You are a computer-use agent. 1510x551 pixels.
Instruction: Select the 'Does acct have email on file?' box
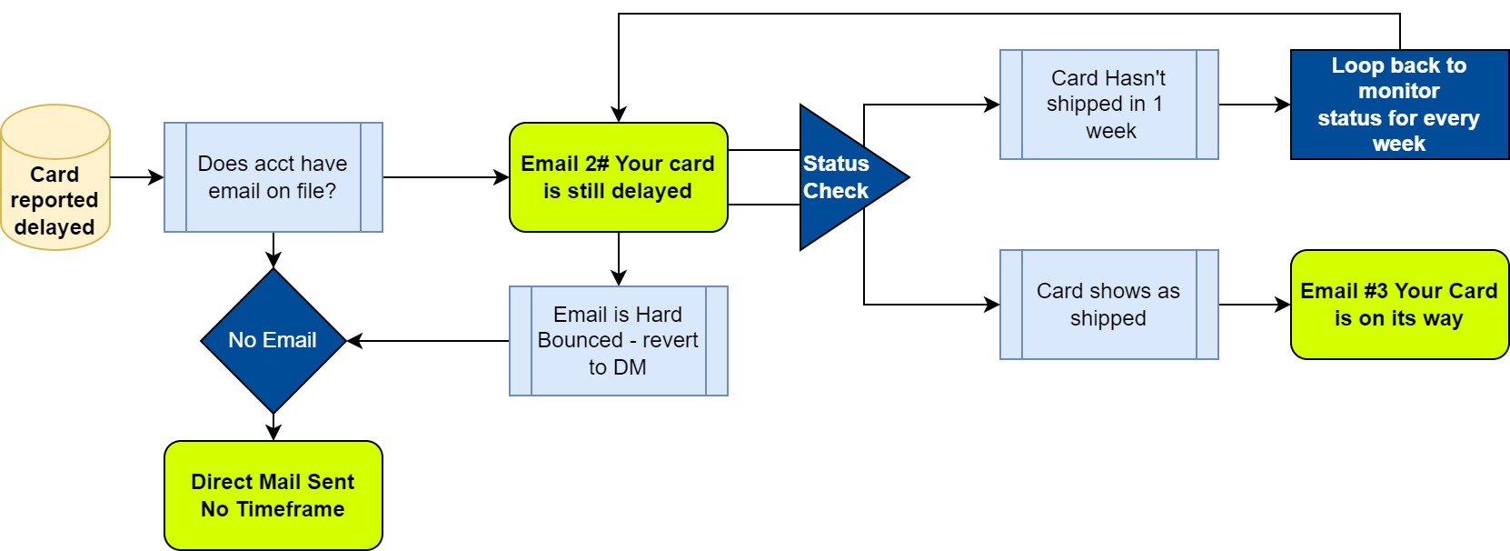273,177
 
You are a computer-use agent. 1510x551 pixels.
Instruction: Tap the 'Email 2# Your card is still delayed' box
618,177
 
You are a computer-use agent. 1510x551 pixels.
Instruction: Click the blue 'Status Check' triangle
840,177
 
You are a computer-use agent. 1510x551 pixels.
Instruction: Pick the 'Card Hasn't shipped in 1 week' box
1108,105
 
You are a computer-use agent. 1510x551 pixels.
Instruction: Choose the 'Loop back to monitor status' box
1399,105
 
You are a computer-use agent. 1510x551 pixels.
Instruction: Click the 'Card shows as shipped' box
1108,305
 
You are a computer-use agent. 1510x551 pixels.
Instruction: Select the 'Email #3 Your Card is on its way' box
1399,305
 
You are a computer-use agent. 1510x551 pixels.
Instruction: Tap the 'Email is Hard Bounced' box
618,341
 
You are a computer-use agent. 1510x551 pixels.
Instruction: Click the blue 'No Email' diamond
273,341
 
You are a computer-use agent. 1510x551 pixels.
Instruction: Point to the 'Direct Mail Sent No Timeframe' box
273,496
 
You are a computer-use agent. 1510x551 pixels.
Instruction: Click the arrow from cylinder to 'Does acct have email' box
137,177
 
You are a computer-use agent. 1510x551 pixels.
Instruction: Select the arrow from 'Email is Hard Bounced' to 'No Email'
427,341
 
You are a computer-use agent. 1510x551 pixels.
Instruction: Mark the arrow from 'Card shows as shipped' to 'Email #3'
1254,305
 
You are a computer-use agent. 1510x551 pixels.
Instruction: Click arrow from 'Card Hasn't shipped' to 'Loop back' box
1254,105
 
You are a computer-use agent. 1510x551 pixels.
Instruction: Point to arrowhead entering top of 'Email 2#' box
619,115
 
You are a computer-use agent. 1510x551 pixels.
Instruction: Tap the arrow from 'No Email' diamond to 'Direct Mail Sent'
273,427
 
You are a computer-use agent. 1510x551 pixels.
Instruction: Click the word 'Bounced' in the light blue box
580,340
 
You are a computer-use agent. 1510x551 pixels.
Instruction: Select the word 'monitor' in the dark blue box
1399,91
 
